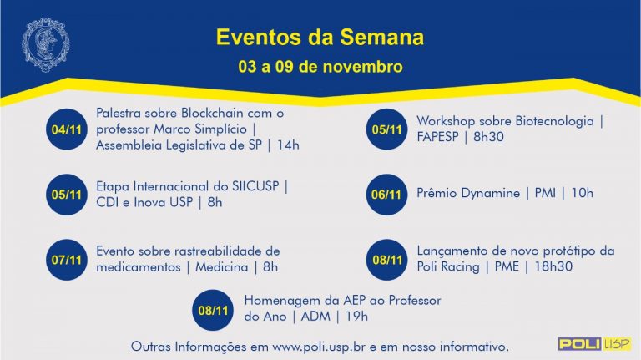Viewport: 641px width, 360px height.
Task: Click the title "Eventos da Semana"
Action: tap(320, 37)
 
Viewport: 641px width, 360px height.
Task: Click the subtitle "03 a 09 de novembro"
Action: tap(320, 67)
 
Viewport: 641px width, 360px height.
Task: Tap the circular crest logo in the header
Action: tap(45, 44)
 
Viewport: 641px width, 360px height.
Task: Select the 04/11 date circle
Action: tap(67, 129)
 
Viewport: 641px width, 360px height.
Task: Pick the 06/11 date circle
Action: tap(386, 195)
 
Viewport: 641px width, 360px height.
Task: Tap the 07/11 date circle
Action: tap(67, 260)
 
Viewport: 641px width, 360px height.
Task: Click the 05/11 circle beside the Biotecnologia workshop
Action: tap(386, 129)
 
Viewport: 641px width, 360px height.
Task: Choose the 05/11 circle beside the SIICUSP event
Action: tap(67, 195)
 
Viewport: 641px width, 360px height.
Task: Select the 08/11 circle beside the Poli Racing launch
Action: tap(386, 260)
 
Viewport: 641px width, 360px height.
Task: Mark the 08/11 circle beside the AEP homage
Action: tap(213, 310)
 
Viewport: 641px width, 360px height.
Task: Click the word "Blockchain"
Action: tap(212, 113)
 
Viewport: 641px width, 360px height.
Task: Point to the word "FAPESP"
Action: tap(437, 137)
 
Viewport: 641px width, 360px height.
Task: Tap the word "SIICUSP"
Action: tap(255, 186)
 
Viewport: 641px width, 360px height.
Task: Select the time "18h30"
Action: tap(553, 266)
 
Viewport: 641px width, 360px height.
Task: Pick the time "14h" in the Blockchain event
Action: tap(288, 145)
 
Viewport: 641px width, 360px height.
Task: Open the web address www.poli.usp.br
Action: tap(319, 347)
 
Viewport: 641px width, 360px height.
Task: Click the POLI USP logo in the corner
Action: tap(595, 343)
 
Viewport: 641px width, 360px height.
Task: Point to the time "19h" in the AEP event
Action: tap(356, 317)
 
